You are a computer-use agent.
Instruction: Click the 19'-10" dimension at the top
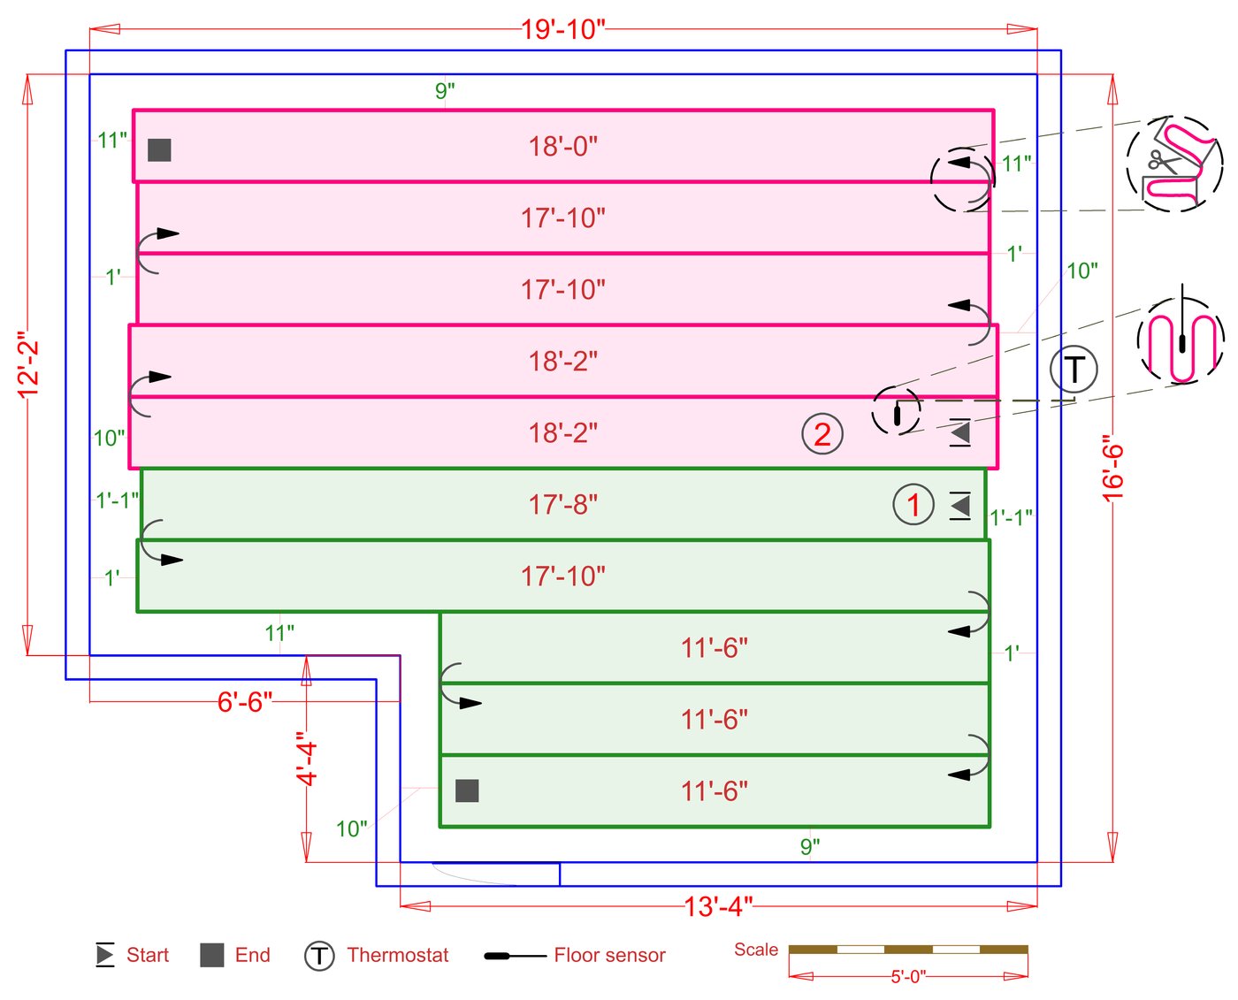pyautogui.click(x=562, y=29)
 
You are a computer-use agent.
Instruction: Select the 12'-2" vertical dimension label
pyautogui.click(x=28, y=364)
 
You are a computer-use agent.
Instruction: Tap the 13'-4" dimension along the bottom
pyautogui.click(x=718, y=906)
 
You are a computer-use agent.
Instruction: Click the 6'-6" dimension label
pyautogui.click(x=245, y=702)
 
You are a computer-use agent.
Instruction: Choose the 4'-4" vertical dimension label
pyautogui.click(x=307, y=759)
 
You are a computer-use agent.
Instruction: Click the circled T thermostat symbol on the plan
pyautogui.click(x=1074, y=370)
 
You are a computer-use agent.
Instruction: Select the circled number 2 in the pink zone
pyautogui.click(x=822, y=434)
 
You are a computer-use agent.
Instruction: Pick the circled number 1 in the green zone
pyautogui.click(x=913, y=505)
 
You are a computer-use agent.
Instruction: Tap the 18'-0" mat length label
pyautogui.click(x=563, y=146)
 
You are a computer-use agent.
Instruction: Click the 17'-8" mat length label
pyautogui.click(x=563, y=505)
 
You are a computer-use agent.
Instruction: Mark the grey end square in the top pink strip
pyautogui.click(x=159, y=149)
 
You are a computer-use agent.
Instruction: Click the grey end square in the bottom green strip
pyautogui.click(x=467, y=790)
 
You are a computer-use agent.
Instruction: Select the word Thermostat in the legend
pyautogui.click(x=398, y=955)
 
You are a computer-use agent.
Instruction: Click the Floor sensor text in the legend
pyautogui.click(x=609, y=955)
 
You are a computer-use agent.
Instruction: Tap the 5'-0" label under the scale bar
pyautogui.click(x=907, y=976)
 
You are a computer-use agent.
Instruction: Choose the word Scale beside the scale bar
pyautogui.click(x=756, y=950)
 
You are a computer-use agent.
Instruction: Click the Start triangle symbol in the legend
pyautogui.click(x=105, y=955)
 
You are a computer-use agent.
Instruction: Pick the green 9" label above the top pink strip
pyautogui.click(x=445, y=90)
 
